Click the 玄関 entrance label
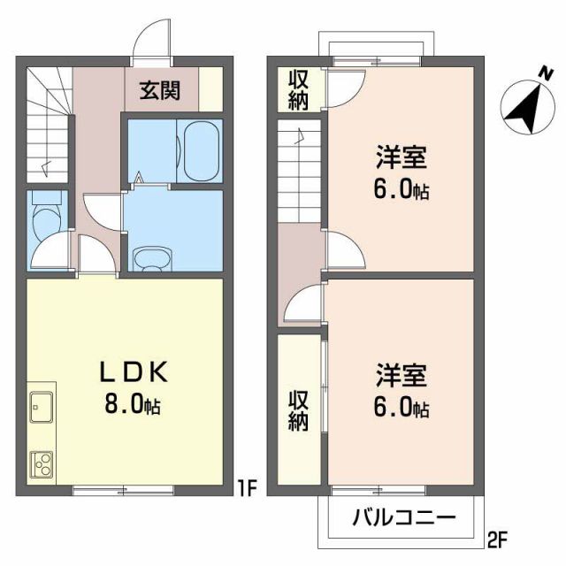(x=159, y=89)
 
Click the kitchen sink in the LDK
(x=41, y=409)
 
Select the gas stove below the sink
(x=41, y=463)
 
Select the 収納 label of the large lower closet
(x=297, y=411)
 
